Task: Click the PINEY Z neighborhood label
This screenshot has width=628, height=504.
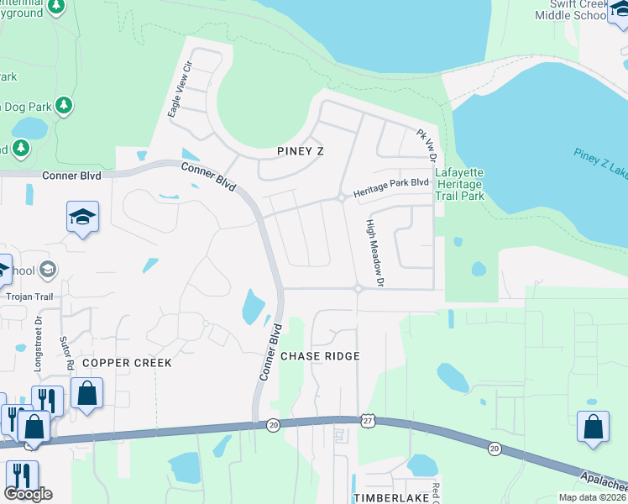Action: click(300, 150)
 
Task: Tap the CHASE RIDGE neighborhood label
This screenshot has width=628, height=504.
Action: click(320, 356)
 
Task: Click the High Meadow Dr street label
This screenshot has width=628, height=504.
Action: click(374, 254)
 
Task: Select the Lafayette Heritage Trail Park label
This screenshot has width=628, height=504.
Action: click(459, 184)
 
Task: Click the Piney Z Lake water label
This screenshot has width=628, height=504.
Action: click(601, 165)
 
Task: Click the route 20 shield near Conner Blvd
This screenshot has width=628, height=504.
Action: click(273, 426)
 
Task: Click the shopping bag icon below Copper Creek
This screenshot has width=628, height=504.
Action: click(87, 392)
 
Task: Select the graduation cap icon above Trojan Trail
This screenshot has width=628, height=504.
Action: click(83, 217)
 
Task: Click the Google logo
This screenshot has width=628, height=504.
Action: click(28, 494)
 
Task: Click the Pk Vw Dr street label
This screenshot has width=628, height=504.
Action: click(427, 145)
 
